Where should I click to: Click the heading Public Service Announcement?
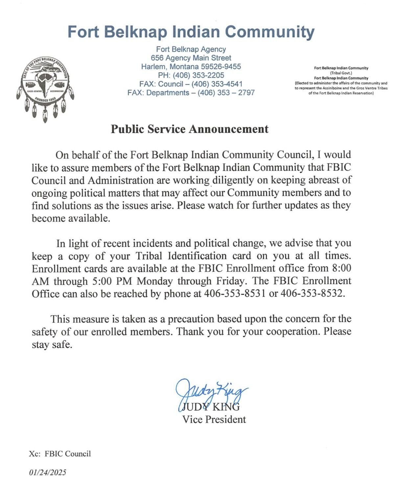[x=190, y=129]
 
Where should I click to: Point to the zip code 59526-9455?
[x=221, y=67]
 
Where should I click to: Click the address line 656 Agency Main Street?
[x=191, y=58]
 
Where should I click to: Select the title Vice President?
[x=214, y=419]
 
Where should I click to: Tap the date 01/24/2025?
[x=48, y=473]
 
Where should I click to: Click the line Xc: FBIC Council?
[x=60, y=454]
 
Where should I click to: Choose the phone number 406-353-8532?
[x=312, y=294]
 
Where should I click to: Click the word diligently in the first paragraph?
[x=233, y=180]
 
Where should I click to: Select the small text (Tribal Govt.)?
[x=341, y=73]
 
